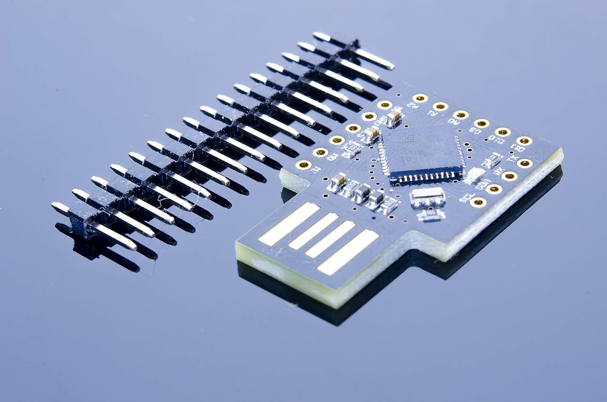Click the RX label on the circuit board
499,172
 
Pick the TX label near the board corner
513,160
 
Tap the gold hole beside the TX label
525,163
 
